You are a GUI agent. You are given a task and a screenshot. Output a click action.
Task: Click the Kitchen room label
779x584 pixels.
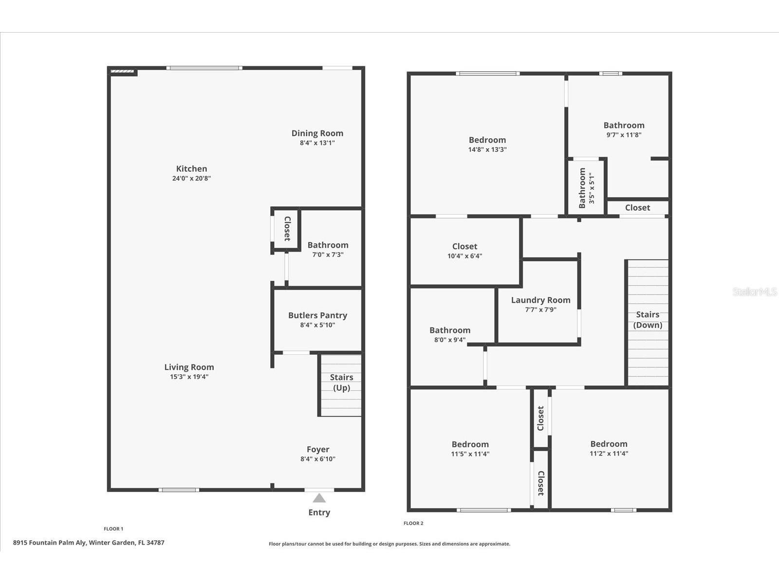pyautogui.click(x=191, y=169)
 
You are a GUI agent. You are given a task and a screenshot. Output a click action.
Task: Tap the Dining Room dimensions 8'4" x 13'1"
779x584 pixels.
pyautogui.click(x=317, y=143)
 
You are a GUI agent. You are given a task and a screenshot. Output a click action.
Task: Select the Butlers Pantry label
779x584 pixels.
pyautogui.click(x=317, y=315)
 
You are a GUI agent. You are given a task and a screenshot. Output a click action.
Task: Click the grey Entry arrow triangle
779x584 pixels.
pyautogui.click(x=319, y=498)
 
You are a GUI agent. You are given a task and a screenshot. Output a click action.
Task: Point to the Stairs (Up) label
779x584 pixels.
pyautogui.click(x=341, y=383)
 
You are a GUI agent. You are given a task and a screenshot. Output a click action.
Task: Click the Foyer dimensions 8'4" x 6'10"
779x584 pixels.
pyautogui.click(x=317, y=459)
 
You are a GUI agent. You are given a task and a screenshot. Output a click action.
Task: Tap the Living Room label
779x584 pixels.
pyautogui.click(x=189, y=367)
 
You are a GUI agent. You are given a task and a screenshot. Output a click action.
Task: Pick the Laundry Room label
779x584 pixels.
pyautogui.click(x=540, y=300)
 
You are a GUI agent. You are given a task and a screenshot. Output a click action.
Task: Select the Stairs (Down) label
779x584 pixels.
pyautogui.click(x=648, y=320)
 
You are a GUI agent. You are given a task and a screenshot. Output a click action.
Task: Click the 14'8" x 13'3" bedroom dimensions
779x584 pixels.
pyautogui.click(x=487, y=149)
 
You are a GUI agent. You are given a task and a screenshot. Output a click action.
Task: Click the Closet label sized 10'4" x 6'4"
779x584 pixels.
pyautogui.click(x=464, y=246)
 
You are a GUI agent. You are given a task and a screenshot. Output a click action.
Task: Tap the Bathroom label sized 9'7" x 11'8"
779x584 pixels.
pyautogui.click(x=624, y=126)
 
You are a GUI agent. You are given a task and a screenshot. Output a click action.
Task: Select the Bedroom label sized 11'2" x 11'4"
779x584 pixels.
pyautogui.click(x=609, y=444)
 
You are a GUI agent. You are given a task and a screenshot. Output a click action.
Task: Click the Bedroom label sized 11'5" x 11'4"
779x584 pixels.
pyautogui.click(x=470, y=444)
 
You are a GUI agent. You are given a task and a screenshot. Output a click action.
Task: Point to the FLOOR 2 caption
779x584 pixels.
pyautogui.click(x=413, y=523)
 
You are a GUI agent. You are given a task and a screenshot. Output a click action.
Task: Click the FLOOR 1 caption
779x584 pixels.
pyautogui.click(x=113, y=529)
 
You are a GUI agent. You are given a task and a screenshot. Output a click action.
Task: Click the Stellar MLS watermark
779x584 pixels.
pyautogui.click(x=755, y=292)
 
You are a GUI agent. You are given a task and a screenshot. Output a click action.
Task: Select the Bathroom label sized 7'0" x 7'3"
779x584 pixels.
pyautogui.click(x=328, y=245)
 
